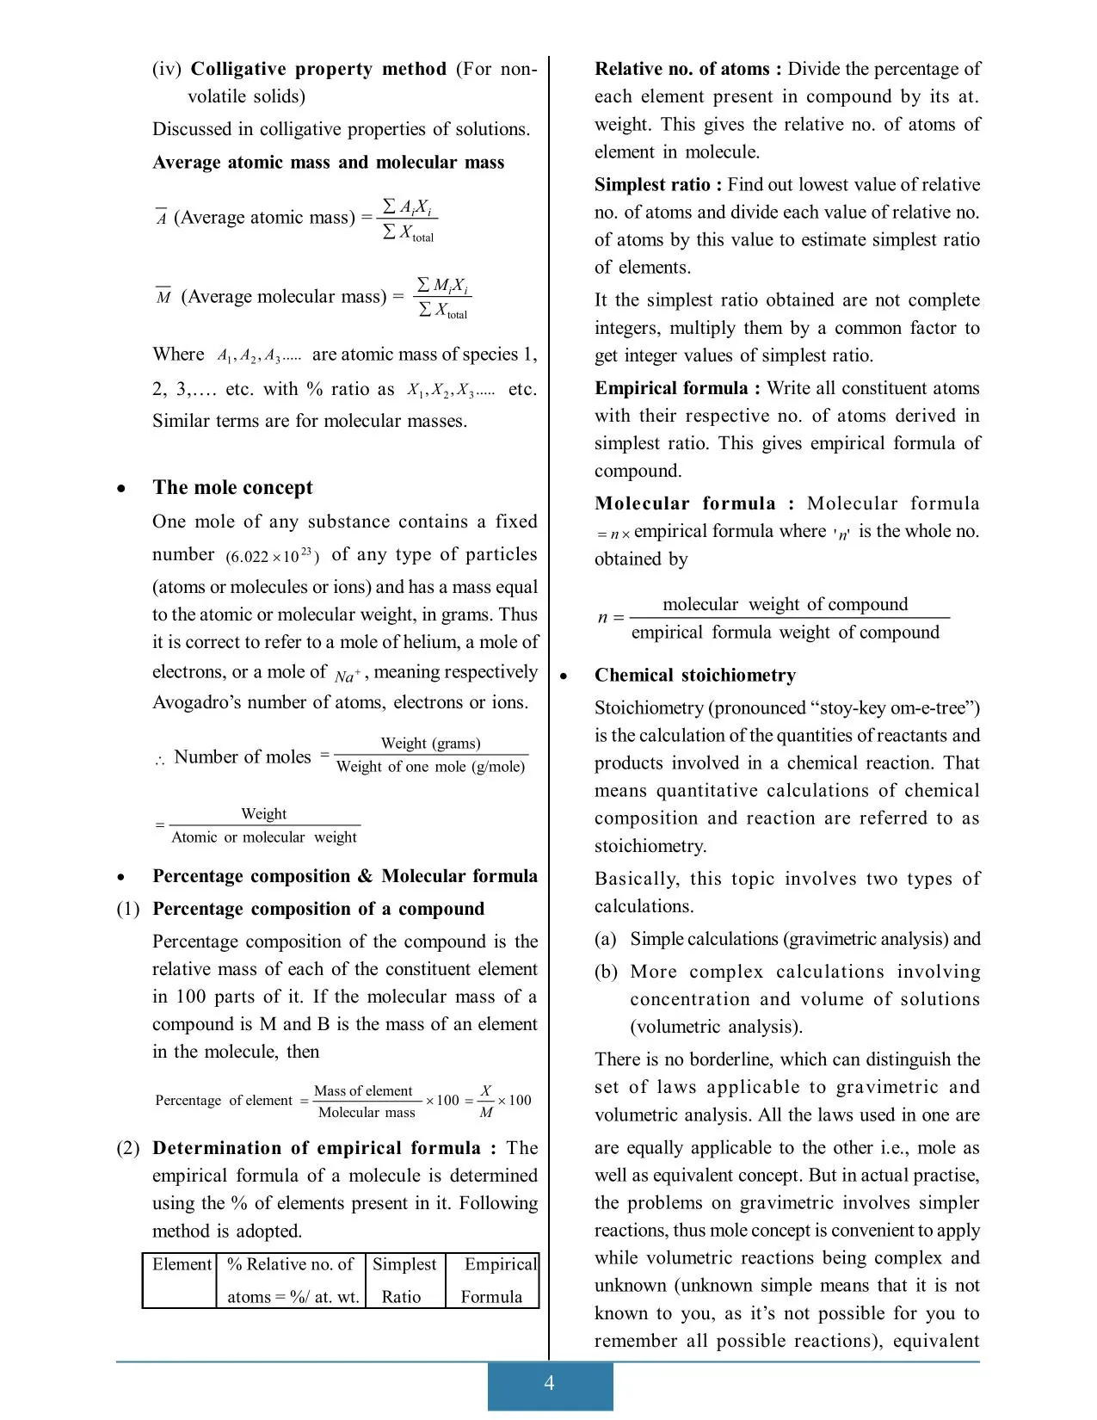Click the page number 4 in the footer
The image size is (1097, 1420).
tap(549, 1383)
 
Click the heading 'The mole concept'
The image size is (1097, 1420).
tap(232, 488)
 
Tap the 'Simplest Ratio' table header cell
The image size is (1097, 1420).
tap(404, 1280)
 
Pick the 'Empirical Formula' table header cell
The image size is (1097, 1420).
tap(493, 1280)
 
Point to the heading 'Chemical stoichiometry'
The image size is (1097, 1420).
tap(694, 676)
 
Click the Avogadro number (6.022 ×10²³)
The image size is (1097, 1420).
tap(273, 556)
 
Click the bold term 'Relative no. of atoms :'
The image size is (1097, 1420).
tap(687, 69)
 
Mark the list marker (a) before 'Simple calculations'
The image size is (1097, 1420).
tap(605, 939)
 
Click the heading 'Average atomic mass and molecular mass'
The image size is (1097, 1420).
tap(328, 163)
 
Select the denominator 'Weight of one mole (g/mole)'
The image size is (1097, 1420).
tap(430, 767)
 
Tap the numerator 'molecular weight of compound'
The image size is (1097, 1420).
tap(785, 605)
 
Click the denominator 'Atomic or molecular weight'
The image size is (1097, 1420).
tap(263, 837)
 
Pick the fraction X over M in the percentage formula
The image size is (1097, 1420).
tap(485, 1101)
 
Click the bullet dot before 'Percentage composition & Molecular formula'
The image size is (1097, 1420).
tap(122, 878)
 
